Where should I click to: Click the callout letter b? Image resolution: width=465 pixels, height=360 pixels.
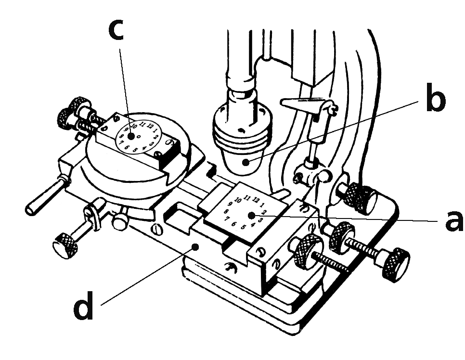pos(435,98)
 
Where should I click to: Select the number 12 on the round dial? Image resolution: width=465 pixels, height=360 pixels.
pos(150,126)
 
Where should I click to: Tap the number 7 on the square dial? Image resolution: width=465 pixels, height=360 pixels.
pos(227,218)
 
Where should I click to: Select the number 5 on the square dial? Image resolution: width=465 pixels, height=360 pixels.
pos(243,227)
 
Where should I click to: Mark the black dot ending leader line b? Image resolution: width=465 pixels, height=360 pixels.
pos(246,162)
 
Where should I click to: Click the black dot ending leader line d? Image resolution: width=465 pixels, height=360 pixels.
pos(195,247)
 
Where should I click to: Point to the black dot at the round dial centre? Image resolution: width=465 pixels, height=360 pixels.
pos(130,137)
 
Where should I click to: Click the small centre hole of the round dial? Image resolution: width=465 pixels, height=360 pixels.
pos(139,136)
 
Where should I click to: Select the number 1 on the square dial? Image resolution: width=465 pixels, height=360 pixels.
pos(262,205)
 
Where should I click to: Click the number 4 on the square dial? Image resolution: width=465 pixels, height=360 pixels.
pos(253,224)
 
